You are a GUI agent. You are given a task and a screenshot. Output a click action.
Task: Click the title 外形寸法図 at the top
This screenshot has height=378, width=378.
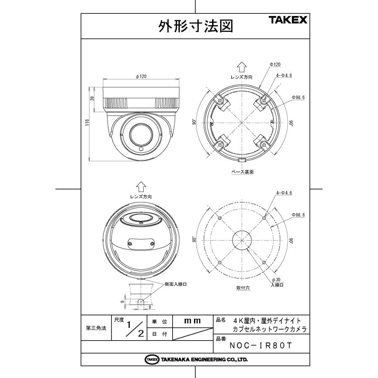point(195,27)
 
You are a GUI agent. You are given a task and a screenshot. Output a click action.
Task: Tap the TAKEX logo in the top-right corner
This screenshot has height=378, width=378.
point(288,20)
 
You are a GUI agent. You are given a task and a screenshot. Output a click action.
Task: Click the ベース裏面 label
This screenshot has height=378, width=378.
point(242,171)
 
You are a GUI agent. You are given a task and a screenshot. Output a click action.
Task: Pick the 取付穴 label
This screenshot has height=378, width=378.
point(242,289)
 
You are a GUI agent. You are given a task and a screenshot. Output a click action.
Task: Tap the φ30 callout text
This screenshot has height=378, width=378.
point(276,279)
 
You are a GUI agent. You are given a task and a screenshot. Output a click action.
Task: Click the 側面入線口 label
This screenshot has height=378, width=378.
point(175,284)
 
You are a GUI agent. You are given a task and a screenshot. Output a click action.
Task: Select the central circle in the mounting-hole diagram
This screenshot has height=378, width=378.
point(241,240)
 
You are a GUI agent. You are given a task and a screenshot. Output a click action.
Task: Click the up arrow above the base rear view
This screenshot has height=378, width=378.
point(241,67)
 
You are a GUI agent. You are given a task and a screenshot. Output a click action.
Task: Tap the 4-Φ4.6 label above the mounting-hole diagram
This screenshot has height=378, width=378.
point(283,193)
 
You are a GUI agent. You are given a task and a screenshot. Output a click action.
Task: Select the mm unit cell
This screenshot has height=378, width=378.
point(193,321)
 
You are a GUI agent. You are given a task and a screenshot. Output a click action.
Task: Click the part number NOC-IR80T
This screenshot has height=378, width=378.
point(260,346)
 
